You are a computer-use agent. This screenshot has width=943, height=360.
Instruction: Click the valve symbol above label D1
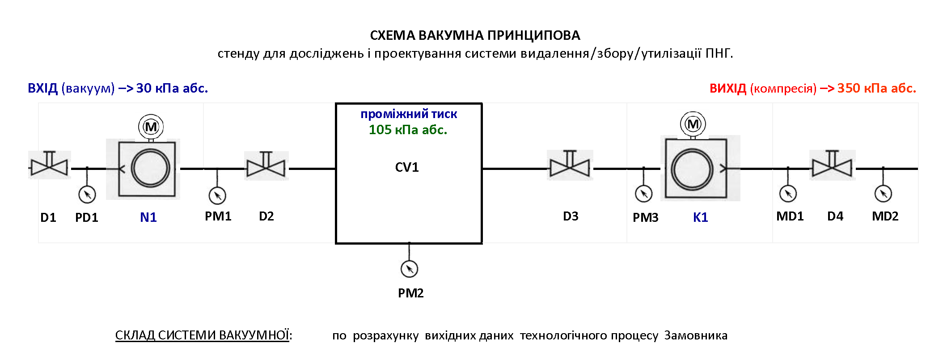tap(49, 165)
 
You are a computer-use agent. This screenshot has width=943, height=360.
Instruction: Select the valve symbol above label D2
tap(266, 165)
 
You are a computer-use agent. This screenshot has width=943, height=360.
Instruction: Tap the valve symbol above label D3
tap(570, 165)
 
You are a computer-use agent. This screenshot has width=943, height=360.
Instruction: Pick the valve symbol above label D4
tap(832, 165)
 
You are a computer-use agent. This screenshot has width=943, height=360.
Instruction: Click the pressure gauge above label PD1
tap(87, 195)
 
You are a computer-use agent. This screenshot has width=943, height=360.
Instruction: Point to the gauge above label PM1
tap(217, 195)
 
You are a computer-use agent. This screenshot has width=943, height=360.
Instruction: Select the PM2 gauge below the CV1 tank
tap(409, 269)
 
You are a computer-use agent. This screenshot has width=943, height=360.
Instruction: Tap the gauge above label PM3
tap(644, 194)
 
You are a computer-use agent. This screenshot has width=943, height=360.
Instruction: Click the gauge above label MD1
tap(788, 194)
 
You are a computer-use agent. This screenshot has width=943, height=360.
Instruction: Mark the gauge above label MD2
tap(883, 194)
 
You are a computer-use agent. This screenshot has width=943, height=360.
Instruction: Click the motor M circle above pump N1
tap(151, 127)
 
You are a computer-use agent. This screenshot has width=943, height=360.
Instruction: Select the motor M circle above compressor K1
tap(693, 124)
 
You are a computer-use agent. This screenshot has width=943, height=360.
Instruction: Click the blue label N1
tap(148, 217)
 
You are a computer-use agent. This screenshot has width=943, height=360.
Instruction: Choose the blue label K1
tap(701, 217)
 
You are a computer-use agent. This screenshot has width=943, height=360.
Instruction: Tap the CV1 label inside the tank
tap(407, 167)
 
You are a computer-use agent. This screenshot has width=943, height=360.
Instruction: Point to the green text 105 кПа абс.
tap(408, 130)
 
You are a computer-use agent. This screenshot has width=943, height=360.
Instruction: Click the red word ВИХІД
tap(728, 88)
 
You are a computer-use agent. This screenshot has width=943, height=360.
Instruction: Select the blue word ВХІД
tap(43, 88)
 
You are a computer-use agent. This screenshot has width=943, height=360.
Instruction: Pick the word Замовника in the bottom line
tap(696, 335)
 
